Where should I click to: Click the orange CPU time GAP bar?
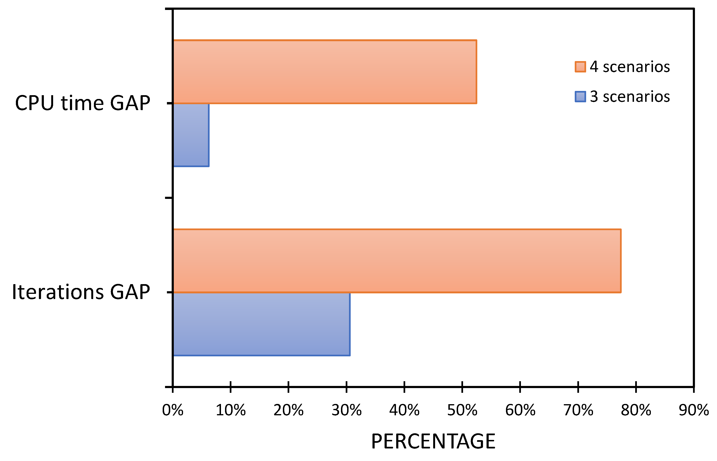[x=325, y=72]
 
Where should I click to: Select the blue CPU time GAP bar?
[x=191, y=135]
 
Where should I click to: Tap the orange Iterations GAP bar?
[x=397, y=261]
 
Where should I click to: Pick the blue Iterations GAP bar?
[x=261, y=324]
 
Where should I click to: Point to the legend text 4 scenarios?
[x=630, y=67]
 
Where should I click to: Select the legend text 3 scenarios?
[x=630, y=97]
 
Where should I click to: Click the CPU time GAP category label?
[x=83, y=103]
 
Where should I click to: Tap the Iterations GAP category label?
[x=81, y=292]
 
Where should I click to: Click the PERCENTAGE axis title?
[x=433, y=442]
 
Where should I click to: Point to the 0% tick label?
[x=173, y=410]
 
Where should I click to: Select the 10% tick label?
[x=230, y=410]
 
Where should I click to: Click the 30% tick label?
[x=346, y=410]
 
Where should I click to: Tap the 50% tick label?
[x=462, y=410]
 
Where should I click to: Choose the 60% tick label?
[x=520, y=410]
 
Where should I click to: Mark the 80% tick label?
[x=636, y=410]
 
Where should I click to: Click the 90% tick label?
[x=694, y=410]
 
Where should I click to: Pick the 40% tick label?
[x=404, y=410]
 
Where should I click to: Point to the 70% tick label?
[x=578, y=410]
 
